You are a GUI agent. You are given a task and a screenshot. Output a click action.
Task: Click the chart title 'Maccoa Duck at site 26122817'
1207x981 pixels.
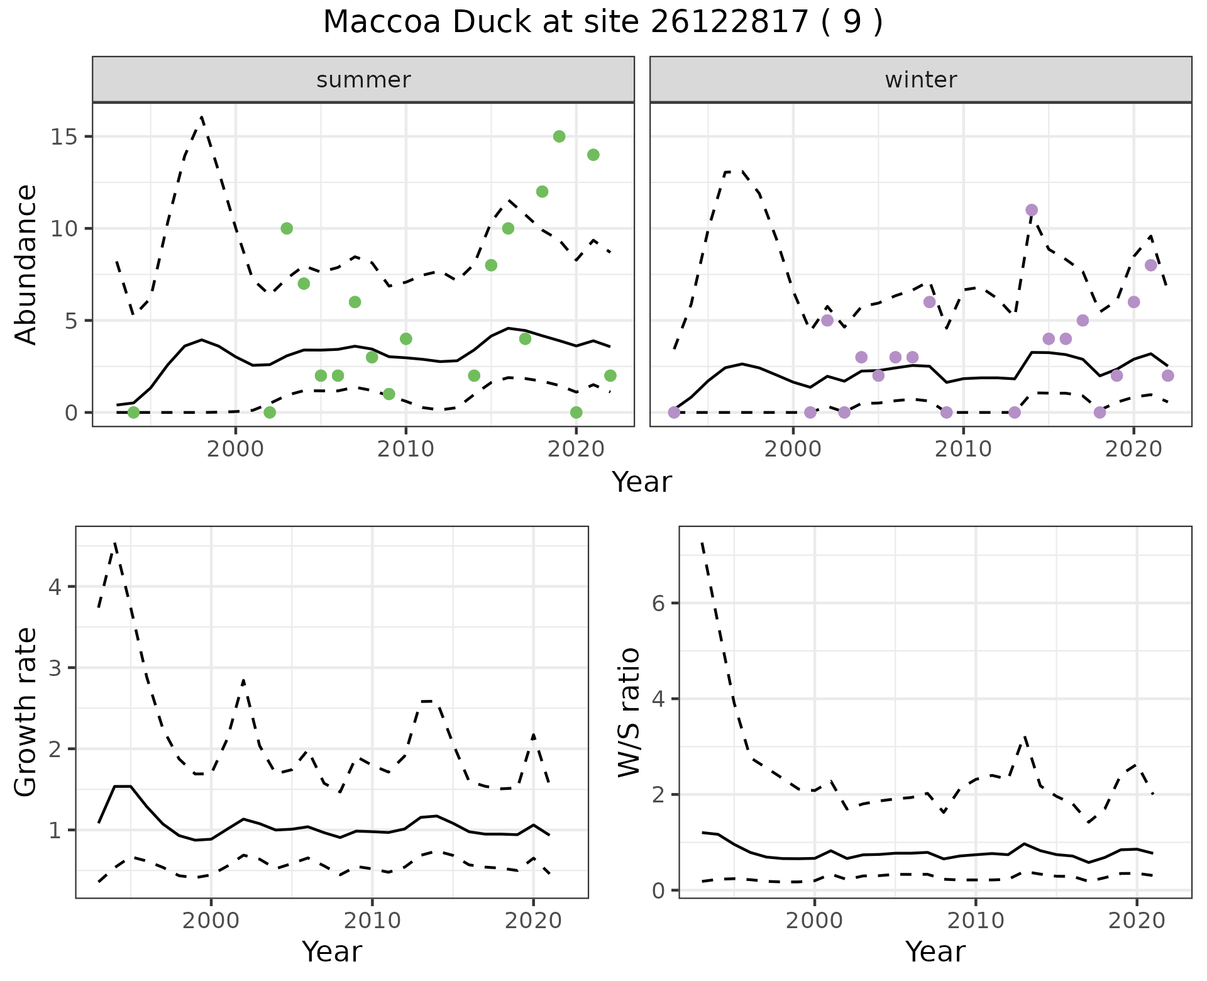click(602, 23)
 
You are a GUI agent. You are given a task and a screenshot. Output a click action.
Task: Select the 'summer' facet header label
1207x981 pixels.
click(363, 80)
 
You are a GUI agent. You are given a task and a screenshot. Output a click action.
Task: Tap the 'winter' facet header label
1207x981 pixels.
click(920, 80)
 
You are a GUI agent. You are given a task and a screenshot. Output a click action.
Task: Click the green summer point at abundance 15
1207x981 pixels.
click(559, 136)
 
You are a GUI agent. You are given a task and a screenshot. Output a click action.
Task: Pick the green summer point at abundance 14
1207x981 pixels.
click(593, 155)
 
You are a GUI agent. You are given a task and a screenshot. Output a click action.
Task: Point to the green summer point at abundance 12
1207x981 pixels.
click(542, 192)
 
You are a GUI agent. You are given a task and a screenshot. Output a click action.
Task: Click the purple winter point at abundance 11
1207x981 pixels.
click(1031, 210)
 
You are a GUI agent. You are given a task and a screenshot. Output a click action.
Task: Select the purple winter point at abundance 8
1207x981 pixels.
click(1150, 265)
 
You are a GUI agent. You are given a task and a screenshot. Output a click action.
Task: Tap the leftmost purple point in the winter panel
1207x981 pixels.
click(674, 413)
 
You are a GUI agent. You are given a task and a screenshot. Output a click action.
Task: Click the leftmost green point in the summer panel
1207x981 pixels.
click(133, 413)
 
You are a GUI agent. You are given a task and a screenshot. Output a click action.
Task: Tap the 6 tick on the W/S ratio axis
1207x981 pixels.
click(658, 604)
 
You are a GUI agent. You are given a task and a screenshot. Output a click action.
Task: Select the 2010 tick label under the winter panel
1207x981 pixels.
click(963, 449)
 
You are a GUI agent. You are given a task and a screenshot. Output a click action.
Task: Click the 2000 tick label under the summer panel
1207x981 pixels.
click(236, 449)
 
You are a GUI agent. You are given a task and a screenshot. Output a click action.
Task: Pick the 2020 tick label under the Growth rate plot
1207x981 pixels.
click(533, 921)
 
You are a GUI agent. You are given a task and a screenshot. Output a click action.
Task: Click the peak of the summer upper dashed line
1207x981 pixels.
click(201, 117)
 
